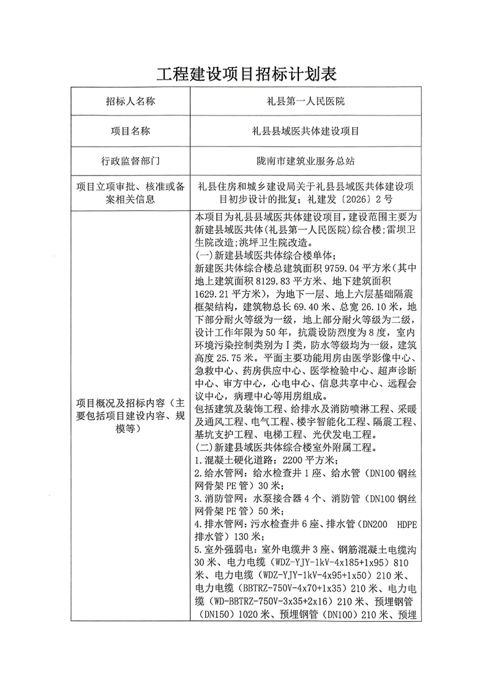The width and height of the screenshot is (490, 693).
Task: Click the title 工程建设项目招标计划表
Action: click(x=245, y=75)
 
